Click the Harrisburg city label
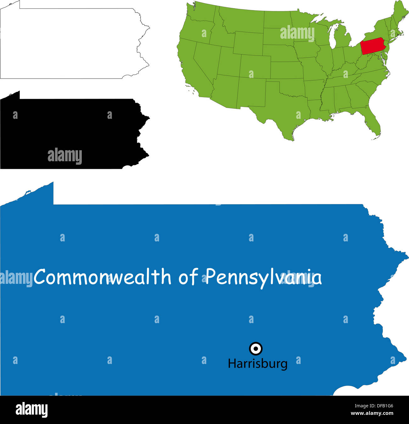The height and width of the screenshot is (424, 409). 257,364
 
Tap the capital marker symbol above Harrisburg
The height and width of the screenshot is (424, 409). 255,348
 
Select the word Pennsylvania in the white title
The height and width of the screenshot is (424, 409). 264,277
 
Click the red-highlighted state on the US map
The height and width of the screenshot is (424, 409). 373,46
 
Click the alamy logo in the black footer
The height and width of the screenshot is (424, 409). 31,410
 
